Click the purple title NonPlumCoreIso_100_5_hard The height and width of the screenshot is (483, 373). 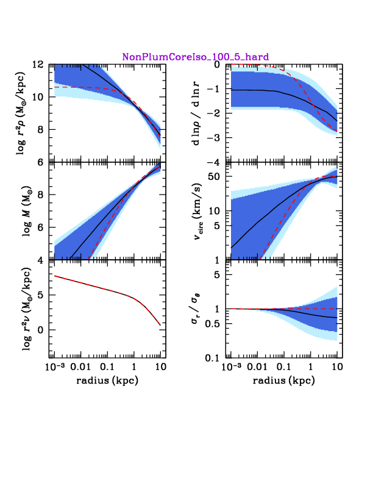pyautogui.click(x=196, y=57)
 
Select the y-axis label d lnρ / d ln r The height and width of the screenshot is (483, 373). pyautogui.click(x=196, y=113)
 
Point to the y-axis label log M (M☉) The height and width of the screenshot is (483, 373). pyautogui.click(x=27, y=211)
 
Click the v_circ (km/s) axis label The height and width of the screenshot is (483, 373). pyautogui.click(x=198, y=212)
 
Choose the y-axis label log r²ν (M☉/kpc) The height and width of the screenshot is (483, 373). pyautogui.click(x=27, y=309)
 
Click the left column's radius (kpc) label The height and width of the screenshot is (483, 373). pyautogui.click(x=107, y=381)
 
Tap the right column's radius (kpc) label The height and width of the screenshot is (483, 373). pyautogui.click(x=284, y=381)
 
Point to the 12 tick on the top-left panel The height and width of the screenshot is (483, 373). pyautogui.click(x=38, y=65)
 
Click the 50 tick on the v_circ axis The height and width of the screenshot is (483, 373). pyautogui.click(x=215, y=176)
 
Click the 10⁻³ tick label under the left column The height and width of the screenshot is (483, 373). pyautogui.click(x=55, y=367)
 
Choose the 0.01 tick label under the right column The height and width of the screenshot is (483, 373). pyautogui.click(x=257, y=367)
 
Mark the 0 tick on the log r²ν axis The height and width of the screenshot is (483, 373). pyautogui.click(x=41, y=330)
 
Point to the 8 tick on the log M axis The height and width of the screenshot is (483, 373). pyautogui.click(x=41, y=195)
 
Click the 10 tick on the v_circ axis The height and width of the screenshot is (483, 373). pyautogui.click(x=215, y=211)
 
